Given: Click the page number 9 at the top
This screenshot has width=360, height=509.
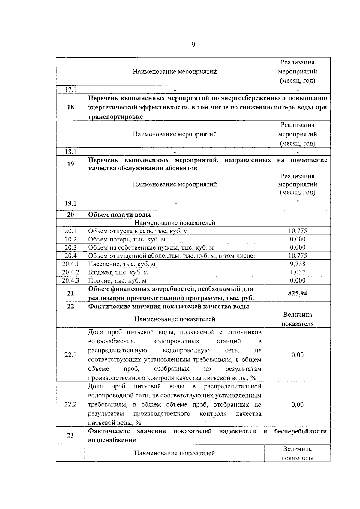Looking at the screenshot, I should (193, 45).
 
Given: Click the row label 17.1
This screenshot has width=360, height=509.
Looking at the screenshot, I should (70, 90).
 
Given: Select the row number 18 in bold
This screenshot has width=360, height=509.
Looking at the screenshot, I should (70, 107).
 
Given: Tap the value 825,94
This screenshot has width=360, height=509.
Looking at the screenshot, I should (297, 293).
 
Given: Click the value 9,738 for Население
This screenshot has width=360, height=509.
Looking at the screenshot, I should (297, 264).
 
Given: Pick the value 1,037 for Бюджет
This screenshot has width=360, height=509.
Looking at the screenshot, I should (297, 272).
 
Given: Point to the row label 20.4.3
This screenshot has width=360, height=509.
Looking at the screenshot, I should (70, 280).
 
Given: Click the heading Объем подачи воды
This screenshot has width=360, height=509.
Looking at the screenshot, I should (119, 214).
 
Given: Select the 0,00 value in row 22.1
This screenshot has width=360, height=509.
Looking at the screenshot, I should (297, 355).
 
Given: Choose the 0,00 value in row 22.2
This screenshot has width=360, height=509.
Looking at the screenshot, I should (297, 404).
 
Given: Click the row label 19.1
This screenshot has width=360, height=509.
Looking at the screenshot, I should (70, 203).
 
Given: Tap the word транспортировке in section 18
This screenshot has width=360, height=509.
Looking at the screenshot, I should (115, 117).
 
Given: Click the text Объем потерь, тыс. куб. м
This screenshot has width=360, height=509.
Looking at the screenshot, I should (127, 239).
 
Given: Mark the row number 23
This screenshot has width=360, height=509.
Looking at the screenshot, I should (70, 435).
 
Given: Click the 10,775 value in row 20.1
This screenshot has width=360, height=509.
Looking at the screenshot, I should (297, 231).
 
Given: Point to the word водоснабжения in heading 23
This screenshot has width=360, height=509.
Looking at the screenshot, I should (112, 440).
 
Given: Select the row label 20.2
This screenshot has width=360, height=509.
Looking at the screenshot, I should (70, 239).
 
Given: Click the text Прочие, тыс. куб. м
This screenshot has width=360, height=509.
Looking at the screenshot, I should (117, 281).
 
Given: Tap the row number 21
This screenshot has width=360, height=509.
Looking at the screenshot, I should (70, 293).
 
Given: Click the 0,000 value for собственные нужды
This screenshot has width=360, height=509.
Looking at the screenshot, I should (297, 247).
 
